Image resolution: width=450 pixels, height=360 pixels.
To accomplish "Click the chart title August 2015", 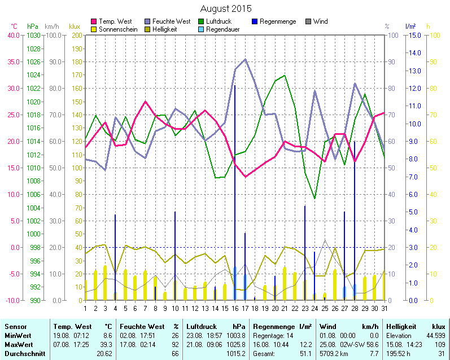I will tap(226, 8).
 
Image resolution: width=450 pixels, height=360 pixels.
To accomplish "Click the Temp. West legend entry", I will tap(115, 21).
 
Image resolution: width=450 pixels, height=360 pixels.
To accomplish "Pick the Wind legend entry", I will tap(320, 21).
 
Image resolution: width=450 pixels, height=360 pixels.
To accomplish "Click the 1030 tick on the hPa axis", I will tap(33, 35).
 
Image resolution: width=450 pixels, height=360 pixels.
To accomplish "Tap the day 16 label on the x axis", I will tap(235, 308).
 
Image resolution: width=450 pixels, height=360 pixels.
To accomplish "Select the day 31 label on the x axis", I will tap(385, 308).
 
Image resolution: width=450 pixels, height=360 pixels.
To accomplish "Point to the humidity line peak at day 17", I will tap(245, 59).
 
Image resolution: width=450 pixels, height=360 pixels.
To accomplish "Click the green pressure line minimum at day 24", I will tap(314, 199).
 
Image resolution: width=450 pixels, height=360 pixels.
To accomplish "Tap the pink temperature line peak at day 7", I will tap(145, 102).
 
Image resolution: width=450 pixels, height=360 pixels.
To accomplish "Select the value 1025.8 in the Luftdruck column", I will tap(236, 344).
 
